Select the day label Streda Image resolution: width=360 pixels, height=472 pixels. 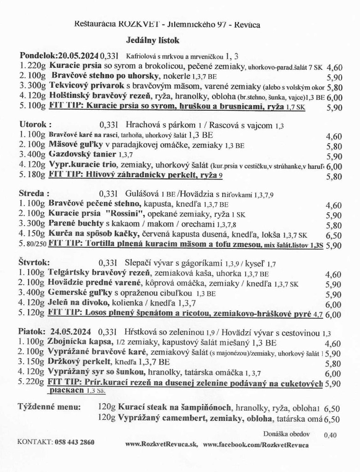coord(33,191)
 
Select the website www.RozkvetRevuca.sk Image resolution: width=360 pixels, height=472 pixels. coord(161,444)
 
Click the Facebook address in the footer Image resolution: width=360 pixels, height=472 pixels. coord(256,444)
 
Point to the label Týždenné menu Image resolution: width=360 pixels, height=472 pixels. coord(49,407)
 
